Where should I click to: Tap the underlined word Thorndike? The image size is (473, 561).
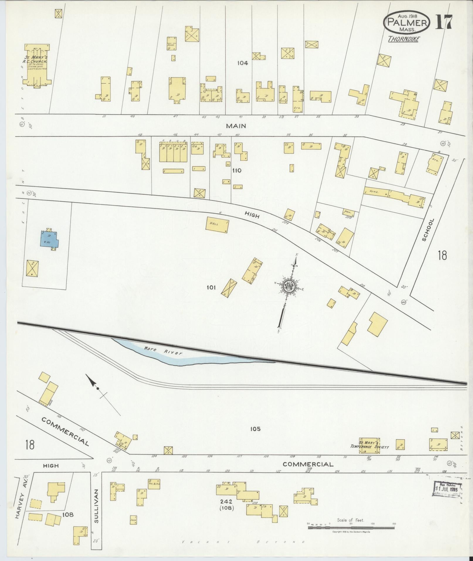click(403, 39)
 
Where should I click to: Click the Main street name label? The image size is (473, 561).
click(236, 126)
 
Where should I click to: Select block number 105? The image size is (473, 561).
click(255, 429)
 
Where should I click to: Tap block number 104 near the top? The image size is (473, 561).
click(243, 63)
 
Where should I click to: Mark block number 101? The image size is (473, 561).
click(211, 287)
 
